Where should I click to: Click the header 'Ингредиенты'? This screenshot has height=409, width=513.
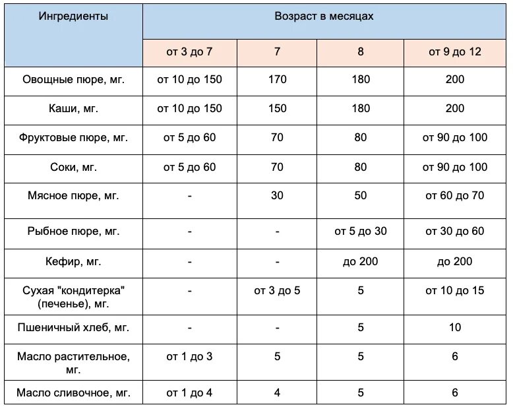[74, 16]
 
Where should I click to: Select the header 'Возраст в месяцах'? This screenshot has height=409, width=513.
[324, 16]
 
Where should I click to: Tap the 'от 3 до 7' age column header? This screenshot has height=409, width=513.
[190, 51]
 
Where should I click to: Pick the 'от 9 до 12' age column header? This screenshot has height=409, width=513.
[455, 51]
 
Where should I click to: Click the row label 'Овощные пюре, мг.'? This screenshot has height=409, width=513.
[74, 80]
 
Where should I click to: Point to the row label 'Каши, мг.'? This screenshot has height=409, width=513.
[74, 109]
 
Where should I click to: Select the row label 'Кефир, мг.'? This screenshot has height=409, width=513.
[74, 262]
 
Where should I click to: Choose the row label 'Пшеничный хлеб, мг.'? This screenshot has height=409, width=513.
[74, 327]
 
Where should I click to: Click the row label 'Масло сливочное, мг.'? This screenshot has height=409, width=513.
[74, 393]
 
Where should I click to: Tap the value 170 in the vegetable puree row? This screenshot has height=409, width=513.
[278, 80]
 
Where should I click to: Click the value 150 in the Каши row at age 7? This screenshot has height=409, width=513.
[278, 109]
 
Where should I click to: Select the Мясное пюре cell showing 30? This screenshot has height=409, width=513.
[278, 197]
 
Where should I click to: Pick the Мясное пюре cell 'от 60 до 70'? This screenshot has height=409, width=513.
[455, 197]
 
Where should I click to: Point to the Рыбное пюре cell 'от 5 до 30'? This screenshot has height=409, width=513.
[361, 232]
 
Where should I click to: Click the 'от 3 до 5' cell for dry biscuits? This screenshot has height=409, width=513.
[278, 290]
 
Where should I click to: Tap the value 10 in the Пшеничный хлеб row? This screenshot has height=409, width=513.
[455, 327]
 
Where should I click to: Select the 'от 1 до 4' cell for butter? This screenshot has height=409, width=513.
[190, 393]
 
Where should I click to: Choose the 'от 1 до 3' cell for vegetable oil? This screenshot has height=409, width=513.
[190, 357]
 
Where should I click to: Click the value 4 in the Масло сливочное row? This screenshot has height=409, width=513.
[278, 393]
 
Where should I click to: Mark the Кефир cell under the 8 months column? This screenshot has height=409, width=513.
[361, 262]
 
